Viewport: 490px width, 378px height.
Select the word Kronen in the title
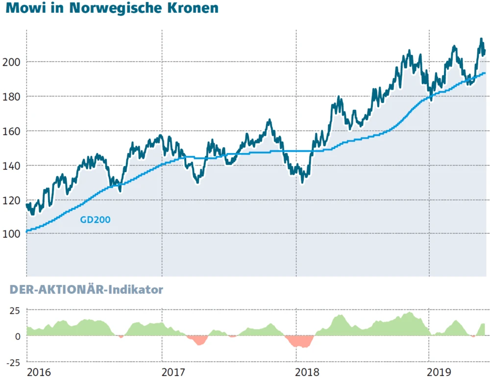(x=191, y=9)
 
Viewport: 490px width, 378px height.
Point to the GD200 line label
(x=95, y=220)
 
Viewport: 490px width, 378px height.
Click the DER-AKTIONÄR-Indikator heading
(x=86, y=290)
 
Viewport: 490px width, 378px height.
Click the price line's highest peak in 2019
(x=481, y=39)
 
